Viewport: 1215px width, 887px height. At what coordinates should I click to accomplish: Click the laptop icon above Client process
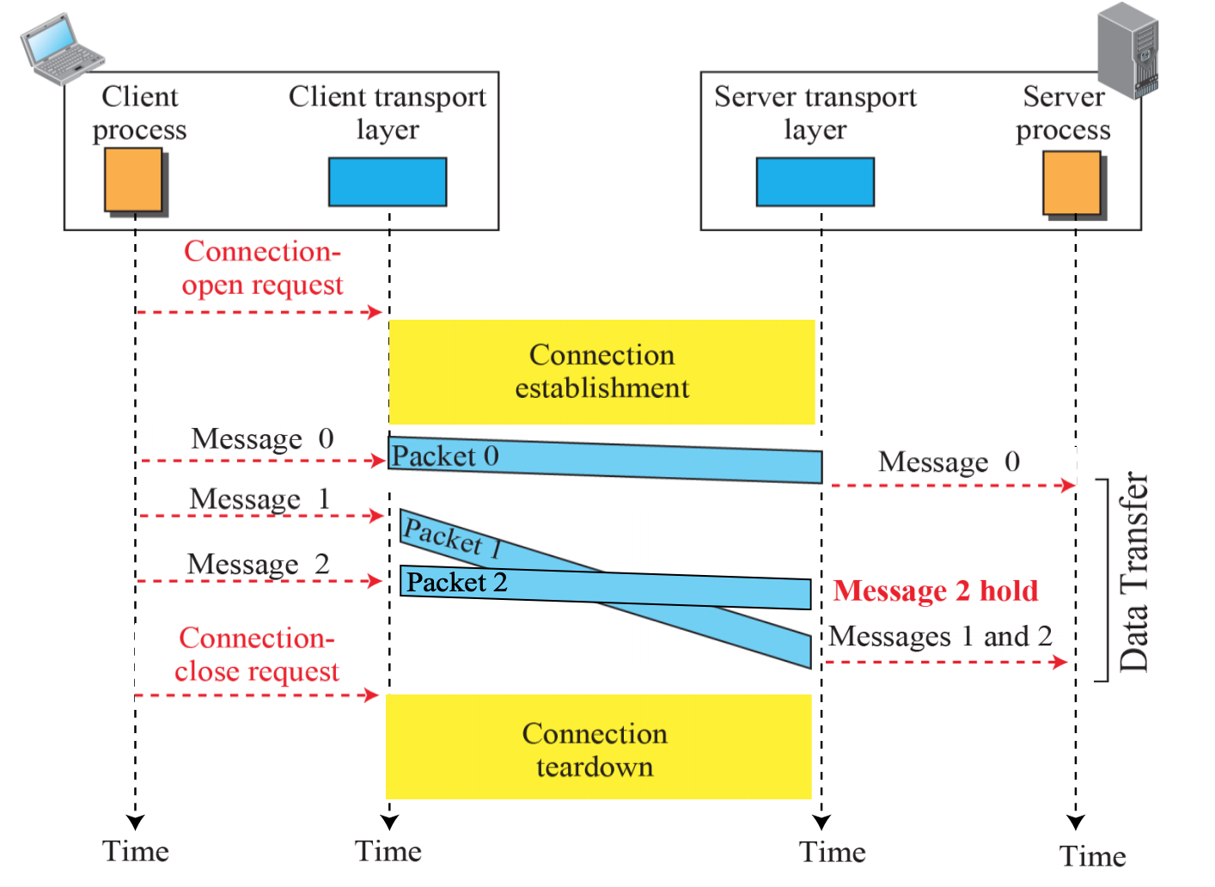(x=62, y=49)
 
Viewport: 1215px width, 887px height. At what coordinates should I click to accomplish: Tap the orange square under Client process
(x=133, y=180)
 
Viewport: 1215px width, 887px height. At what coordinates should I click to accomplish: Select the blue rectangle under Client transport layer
(x=388, y=181)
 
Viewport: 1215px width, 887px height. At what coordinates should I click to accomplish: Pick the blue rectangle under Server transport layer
(x=815, y=181)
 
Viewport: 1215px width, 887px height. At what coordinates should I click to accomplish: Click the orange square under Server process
(x=1072, y=183)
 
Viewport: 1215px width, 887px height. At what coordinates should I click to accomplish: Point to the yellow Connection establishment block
(x=601, y=371)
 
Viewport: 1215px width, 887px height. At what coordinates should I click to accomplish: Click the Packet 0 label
(x=445, y=456)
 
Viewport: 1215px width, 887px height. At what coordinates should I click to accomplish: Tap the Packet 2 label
(x=456, y=583)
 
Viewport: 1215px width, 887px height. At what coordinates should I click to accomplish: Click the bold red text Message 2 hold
(x=936, y=591)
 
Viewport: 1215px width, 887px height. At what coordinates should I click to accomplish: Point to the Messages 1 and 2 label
(x=940, y=636)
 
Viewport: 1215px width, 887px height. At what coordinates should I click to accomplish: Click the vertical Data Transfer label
(x=1133, y=572)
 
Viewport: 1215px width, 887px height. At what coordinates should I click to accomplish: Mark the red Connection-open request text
(x=262, y=268)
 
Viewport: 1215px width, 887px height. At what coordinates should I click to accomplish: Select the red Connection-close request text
(x=256, y=655)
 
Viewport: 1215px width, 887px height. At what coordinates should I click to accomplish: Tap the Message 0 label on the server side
(x=949, y=462)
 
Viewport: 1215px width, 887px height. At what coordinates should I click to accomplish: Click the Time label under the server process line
(x=1092, y=856)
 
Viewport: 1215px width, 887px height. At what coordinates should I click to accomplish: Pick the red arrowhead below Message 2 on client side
(x=375, y=581)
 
